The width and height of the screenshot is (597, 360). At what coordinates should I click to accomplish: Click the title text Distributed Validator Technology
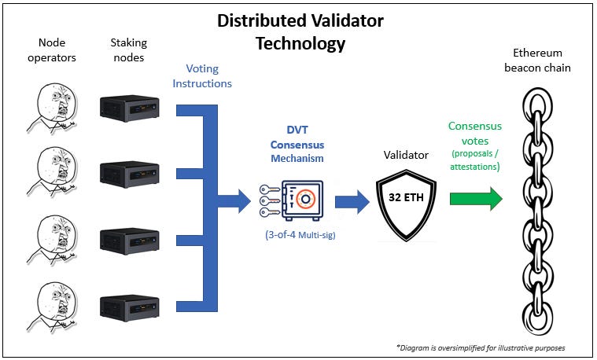(x=300, y=31)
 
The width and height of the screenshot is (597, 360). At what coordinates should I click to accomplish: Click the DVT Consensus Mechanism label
(x=297, y=145)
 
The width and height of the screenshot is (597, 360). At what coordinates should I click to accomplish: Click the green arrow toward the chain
(x=475, y=198)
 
